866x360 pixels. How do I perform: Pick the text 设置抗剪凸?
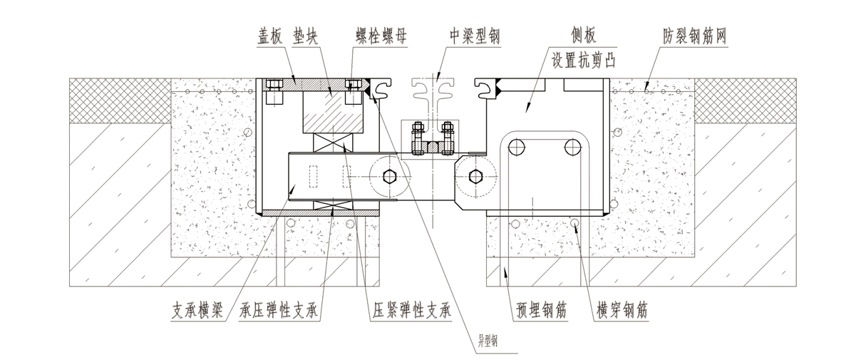[583, 60]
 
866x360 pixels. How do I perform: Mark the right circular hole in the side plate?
[571, 148]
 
